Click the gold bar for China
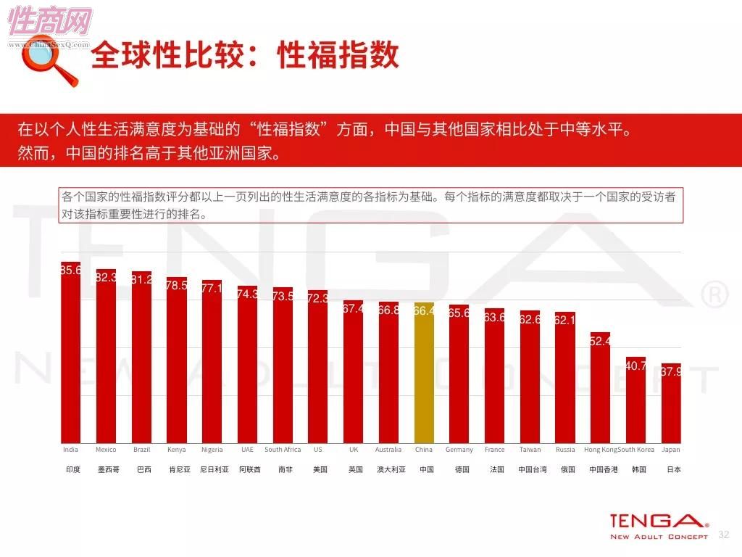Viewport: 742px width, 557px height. [424, 373]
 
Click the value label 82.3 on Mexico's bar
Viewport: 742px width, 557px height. [107, 276]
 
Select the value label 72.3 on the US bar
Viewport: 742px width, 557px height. [318, 298]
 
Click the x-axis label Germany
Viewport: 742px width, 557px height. [459, 450]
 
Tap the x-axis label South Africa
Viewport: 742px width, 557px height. [283, 450]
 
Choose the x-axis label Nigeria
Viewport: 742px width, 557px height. [212, 450]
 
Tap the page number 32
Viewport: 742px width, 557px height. [722, 535]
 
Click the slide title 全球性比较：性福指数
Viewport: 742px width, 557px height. [245, 56]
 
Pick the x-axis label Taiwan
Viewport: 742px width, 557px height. [530, 450]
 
